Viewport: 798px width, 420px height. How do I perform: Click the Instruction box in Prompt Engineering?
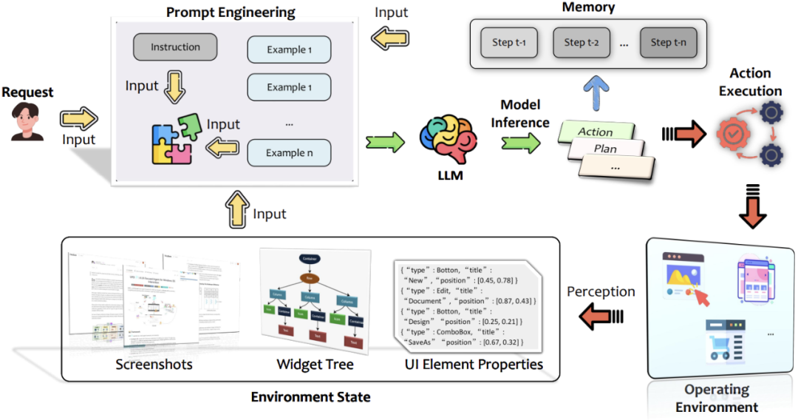pyautogui.click(x=176, y=47)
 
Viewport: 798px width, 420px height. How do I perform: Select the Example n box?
pyautogui.click(x=289, y=153)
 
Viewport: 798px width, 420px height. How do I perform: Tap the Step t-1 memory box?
pyautogui.click(x=509, y=42)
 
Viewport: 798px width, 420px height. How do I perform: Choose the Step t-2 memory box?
pyautogui.click(x=582, y=42)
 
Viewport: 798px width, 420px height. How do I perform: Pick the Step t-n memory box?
pyautogui.click(x=668, y=42)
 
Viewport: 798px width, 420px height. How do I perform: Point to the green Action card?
pyautogui.click(x=596, y=132)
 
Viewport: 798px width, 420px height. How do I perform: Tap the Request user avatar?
pyautogui.click(x=27, y=121)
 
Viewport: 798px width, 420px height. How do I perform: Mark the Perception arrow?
pyautogui.click(x=601, y=317)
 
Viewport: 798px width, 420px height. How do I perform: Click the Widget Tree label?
pyautogui.click(x=315, y=365)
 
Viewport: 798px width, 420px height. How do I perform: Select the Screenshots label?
pyautogui.click(x=154, y=365)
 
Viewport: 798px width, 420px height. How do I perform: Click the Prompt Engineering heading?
pyautogui.click(x=231, y=13)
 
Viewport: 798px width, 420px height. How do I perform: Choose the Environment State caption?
pyautogui.click(x=310, y=397)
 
